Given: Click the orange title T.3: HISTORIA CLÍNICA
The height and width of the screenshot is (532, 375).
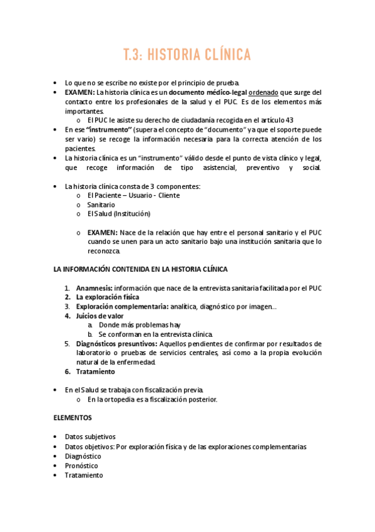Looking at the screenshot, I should coord(187,55).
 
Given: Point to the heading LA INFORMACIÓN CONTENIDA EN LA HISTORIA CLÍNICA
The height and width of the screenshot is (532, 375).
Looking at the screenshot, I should coord(140,269).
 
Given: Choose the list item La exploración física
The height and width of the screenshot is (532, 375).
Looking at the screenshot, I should coord(108,297).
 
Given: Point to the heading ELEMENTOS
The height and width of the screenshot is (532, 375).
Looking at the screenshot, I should coord(73,418).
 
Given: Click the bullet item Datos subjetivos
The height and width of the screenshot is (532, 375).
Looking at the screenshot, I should coord(90,437).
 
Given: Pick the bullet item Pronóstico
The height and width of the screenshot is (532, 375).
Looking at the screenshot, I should coord(82,465).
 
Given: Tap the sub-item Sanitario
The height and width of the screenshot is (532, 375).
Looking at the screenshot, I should coord(101,205).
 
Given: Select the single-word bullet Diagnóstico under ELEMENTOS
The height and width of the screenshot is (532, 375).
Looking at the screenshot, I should coord(83,456).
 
